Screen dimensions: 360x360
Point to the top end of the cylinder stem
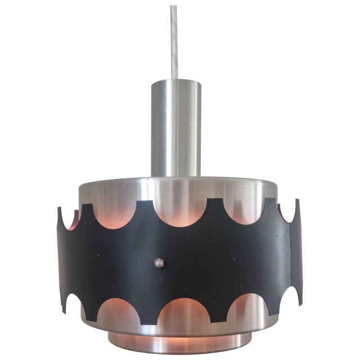coord(175,82)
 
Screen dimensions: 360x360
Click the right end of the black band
coord(299,253)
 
